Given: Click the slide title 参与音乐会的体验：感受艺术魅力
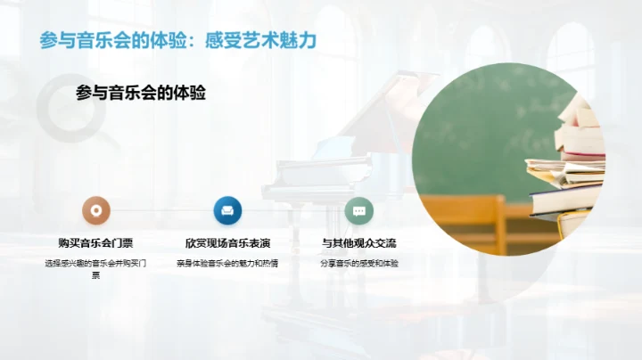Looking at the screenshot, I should coord(178,40).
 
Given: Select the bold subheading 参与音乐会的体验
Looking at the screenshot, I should coord(141,92).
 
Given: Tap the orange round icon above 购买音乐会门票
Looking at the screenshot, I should coord(96,210).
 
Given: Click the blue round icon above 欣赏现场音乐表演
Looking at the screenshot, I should coord(227,210).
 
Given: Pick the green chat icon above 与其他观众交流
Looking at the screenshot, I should coord(359,210).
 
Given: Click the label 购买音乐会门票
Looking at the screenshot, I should coord(96,242).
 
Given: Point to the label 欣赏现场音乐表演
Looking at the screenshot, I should coord(227,242).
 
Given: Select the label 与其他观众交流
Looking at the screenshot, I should coord(359,242).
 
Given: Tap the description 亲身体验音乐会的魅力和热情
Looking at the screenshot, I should coord(227,263).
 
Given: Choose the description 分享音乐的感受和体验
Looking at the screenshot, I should coord(359,263).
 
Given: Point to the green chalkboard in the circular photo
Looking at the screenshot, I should coord(481,134).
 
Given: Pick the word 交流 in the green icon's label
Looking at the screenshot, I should coord(385,242).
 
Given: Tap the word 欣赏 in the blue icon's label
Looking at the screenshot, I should coord(196,242).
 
